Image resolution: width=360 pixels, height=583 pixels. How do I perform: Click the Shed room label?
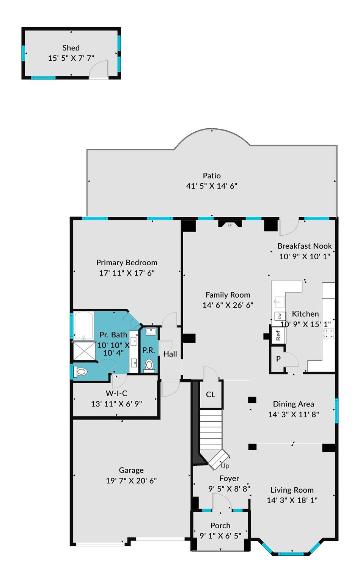(71, 48)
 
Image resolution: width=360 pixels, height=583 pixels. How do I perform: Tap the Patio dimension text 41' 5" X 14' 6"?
(211, 186)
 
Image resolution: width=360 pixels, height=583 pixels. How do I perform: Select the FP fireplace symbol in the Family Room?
(230, 225)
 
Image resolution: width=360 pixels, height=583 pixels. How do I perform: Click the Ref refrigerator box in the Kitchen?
(278, 336)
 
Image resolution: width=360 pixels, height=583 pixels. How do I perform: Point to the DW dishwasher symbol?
(280, 316)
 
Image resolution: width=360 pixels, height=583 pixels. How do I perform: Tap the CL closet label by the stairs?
(211, 394)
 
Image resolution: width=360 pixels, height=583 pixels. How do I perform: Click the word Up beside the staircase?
(225, 466)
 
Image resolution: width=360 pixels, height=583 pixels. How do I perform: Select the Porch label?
(220, 525)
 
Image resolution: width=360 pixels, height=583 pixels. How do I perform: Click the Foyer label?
(229, 478)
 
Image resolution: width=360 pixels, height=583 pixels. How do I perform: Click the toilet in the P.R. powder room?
(149, 366)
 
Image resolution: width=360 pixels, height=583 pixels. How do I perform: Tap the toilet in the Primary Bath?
(81, 372)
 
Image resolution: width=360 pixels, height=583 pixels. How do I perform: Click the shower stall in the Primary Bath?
(84, 351)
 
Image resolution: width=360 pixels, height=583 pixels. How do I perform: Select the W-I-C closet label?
(116, 393)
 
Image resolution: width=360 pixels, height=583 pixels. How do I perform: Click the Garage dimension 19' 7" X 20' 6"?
(131, 481)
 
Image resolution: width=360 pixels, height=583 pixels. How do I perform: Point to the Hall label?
(170, 354)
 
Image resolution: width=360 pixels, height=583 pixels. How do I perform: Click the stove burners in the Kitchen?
(328, 334)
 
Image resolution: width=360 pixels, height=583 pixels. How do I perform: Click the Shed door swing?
(99, 70)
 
